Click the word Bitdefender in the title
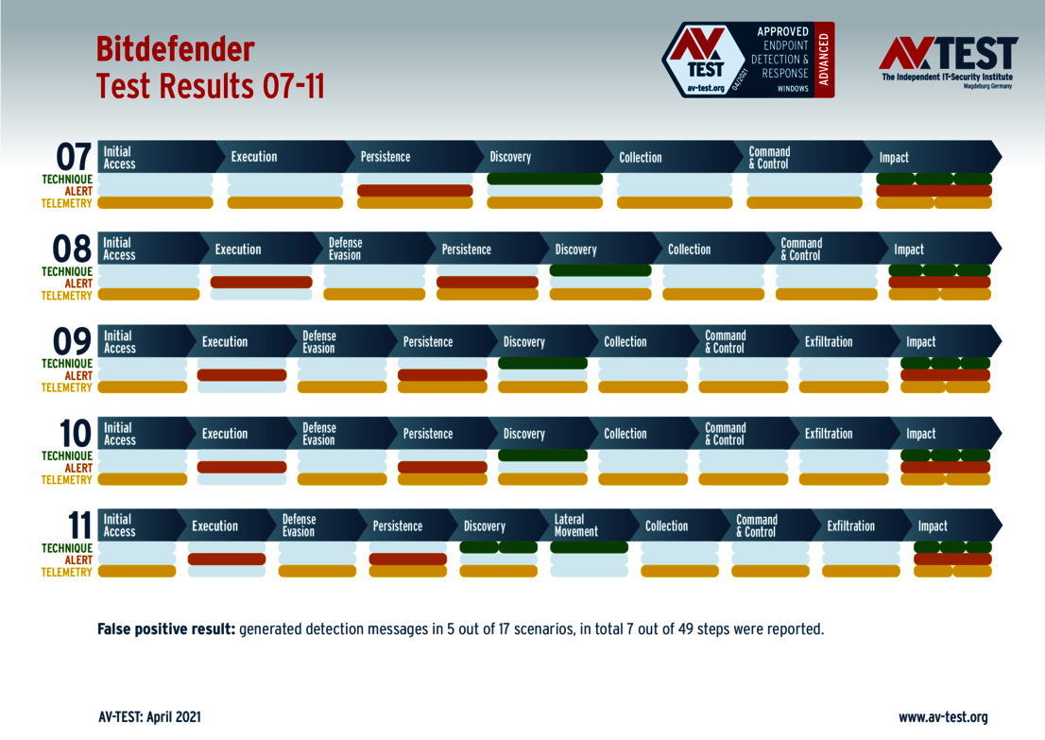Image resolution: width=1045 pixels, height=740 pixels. tap(175, 49)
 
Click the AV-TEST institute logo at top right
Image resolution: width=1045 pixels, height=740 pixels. tap(948, 61)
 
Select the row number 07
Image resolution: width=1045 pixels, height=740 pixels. tap(74, 157)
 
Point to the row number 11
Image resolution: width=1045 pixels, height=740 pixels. tap(74, 525)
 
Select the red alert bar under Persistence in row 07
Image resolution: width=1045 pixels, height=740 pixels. tap(415, 191)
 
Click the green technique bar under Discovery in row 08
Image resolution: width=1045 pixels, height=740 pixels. tap(600, 270)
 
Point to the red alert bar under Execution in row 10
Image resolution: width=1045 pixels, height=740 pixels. tap(241, 467)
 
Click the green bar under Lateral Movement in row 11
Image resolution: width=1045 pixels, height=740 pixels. tap(589, 547)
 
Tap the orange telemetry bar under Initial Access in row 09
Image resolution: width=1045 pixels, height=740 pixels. tap(143, 387)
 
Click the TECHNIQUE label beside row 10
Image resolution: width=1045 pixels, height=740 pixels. tap(66, 456)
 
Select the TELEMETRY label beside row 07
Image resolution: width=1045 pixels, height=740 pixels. tap(66, 202)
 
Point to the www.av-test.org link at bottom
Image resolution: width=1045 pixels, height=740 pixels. tap(943, 717)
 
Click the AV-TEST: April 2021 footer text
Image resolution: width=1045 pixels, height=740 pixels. tap(149, 717)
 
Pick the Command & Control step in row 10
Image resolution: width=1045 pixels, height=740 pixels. tap(726, 434)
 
